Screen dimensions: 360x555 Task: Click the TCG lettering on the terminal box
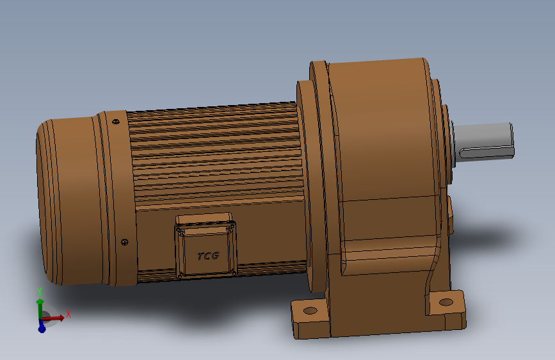208,256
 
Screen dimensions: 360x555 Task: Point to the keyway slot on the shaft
487,152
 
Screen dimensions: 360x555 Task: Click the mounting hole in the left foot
310,311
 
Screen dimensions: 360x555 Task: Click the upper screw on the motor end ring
116,120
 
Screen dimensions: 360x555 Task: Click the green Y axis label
40,291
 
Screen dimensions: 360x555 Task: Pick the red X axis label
68,314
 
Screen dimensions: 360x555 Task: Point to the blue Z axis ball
42,328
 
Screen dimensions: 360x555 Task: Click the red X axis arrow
56,317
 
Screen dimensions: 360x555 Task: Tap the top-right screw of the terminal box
230,225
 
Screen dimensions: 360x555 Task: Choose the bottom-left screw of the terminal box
181,275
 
